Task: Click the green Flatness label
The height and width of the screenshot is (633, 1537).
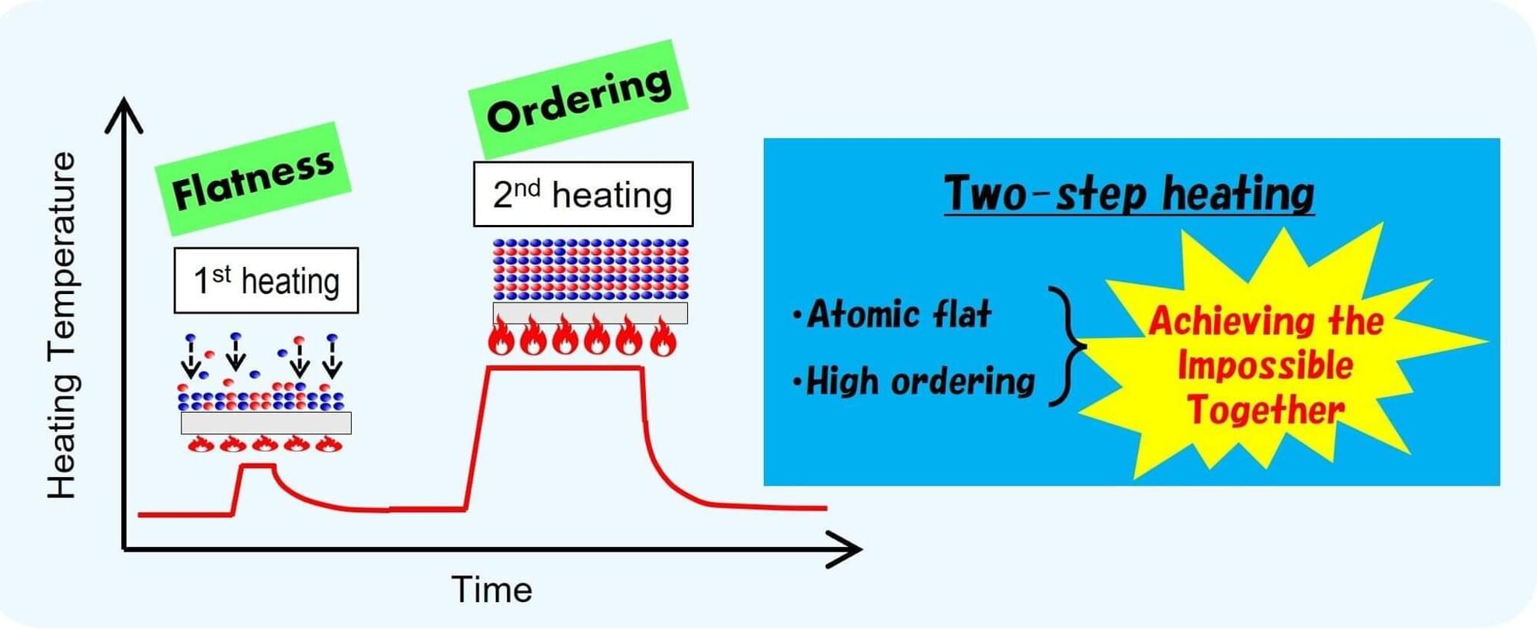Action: [253, 179]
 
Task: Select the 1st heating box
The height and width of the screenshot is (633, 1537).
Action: [266, 280]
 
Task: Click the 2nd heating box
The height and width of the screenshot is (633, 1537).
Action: [583, 194]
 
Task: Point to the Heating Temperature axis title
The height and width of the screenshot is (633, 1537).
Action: [62, 326]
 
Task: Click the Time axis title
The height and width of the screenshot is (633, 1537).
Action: [491, 590]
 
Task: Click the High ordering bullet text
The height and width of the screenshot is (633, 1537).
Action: [913, 382]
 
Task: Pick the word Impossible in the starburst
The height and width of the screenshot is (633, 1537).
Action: [1265, 365]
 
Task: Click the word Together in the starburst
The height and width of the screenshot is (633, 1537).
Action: [1266, 410]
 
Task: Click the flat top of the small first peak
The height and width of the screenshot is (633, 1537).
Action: [258, 465]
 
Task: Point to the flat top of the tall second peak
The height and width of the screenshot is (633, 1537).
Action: [564, 368]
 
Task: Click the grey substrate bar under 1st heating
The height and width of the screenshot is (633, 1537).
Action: [266, 423]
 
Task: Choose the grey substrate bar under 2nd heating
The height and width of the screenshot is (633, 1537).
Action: [590, 313]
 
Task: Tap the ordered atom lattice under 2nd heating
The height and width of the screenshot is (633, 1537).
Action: [591, 269]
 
